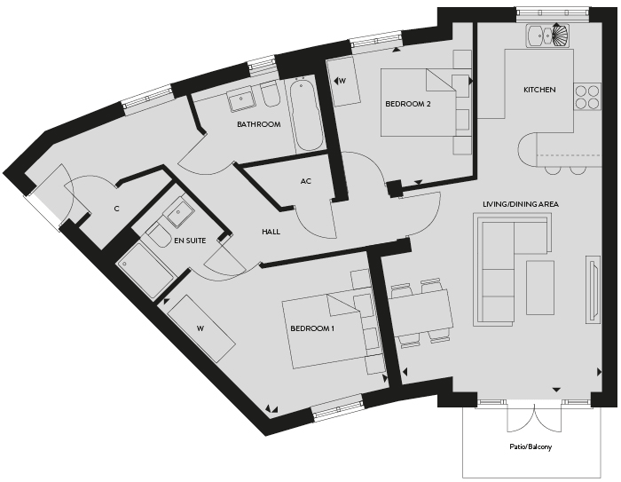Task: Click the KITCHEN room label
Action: tap(539, 90)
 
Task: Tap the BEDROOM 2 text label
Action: tap(408, 104)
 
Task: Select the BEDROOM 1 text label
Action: tap(312, 328)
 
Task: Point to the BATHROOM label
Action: tap(259, 124)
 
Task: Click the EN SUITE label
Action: tap(190, 241)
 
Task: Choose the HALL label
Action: tap(271, 232)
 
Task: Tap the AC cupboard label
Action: tap(306, 182)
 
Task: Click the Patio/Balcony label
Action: tap(531, 446)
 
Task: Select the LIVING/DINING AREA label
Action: tap(521, 204)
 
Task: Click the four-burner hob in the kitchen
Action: tap(587, 98)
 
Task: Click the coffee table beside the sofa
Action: tap(539, 287)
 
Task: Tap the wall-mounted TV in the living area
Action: tap(593, 290)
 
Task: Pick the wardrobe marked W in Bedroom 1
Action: tap(201, 328)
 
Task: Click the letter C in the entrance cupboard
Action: tap(116, 209)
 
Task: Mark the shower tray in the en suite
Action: tap(145, 272)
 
